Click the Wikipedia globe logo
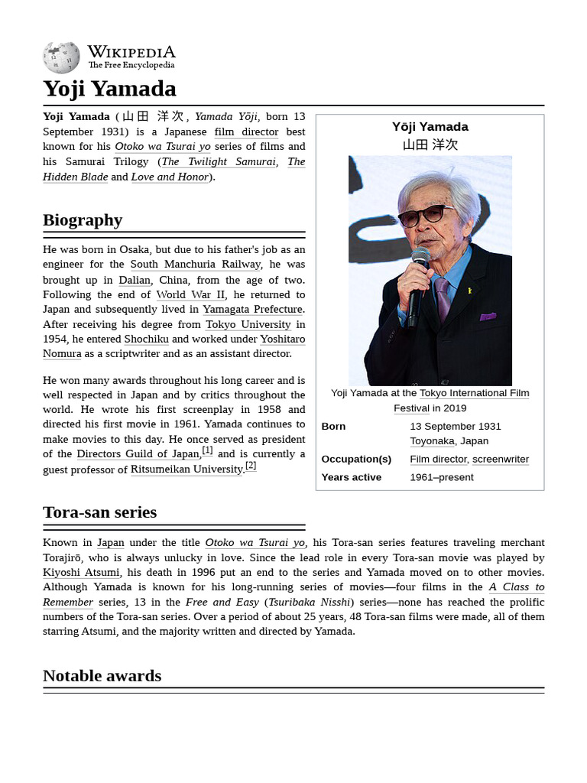point(61,57)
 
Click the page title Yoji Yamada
point(109,89)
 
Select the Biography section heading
point(83,220)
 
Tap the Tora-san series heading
point(99,512)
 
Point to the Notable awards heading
point(102,676)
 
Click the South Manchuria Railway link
point(195,265)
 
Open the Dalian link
point(135,280)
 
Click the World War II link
point(190,294)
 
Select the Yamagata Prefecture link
point(252,309)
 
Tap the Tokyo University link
point(248,324)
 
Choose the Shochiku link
point(146,339)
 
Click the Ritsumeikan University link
point(186,469)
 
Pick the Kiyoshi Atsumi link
point(81,572)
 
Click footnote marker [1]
point(207,450)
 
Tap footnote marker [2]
point(251,466)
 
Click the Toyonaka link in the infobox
point(432,441)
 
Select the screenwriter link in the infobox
point(500,460)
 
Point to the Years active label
point(352,477)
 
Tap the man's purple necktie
point(442,298)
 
